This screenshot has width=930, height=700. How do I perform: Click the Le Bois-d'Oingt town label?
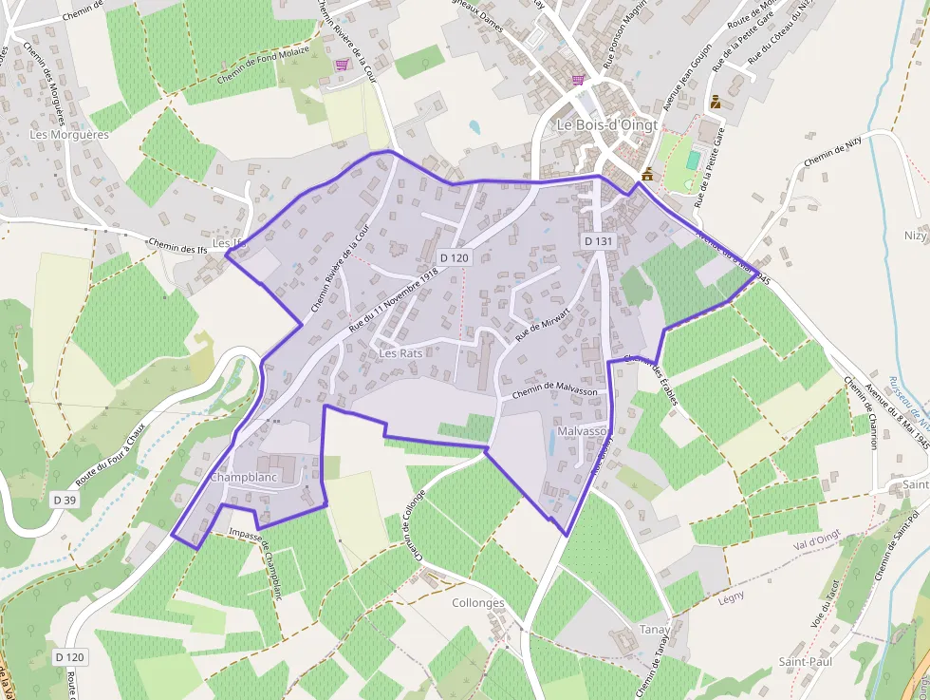(x=606, y=124)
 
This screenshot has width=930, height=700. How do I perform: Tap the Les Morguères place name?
(x=69, y=135)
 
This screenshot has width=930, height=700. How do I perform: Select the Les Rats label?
(x=400, y=352)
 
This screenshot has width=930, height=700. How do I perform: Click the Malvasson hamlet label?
(x=583, y=431)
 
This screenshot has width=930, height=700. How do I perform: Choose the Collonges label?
(x=478, y=604)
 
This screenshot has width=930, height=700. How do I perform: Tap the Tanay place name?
(x=655, y=630)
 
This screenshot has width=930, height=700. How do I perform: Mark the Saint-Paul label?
(x=805, y=661)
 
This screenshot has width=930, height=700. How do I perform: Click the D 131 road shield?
(x=599, y=242)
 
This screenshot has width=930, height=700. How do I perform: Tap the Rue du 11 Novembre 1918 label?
(x=394, y=298)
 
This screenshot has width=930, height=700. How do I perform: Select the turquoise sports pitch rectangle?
(x=694, y=159)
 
